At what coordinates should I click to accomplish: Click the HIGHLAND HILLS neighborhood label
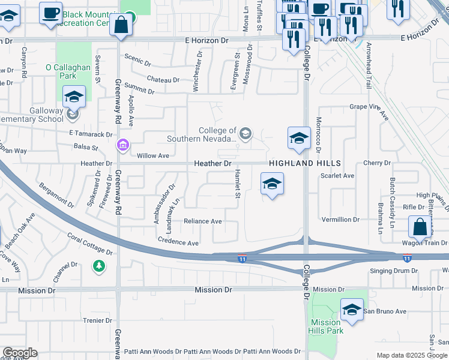click(305, 163)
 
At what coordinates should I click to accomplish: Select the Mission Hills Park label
click(326, 326)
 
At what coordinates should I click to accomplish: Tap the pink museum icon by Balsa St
click(123, 145)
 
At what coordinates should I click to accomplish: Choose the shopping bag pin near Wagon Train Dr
click(420, 227)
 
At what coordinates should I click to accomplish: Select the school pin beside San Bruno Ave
click(352, 310)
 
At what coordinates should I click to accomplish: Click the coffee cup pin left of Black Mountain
click(51, 13)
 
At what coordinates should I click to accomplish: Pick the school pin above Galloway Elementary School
click(74, 97)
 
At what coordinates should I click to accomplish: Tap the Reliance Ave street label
click(202, 221)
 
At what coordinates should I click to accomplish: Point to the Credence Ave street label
click(178, 243)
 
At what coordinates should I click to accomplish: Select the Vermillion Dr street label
click(340, 220)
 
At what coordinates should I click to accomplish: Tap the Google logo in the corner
click(20, 353)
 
